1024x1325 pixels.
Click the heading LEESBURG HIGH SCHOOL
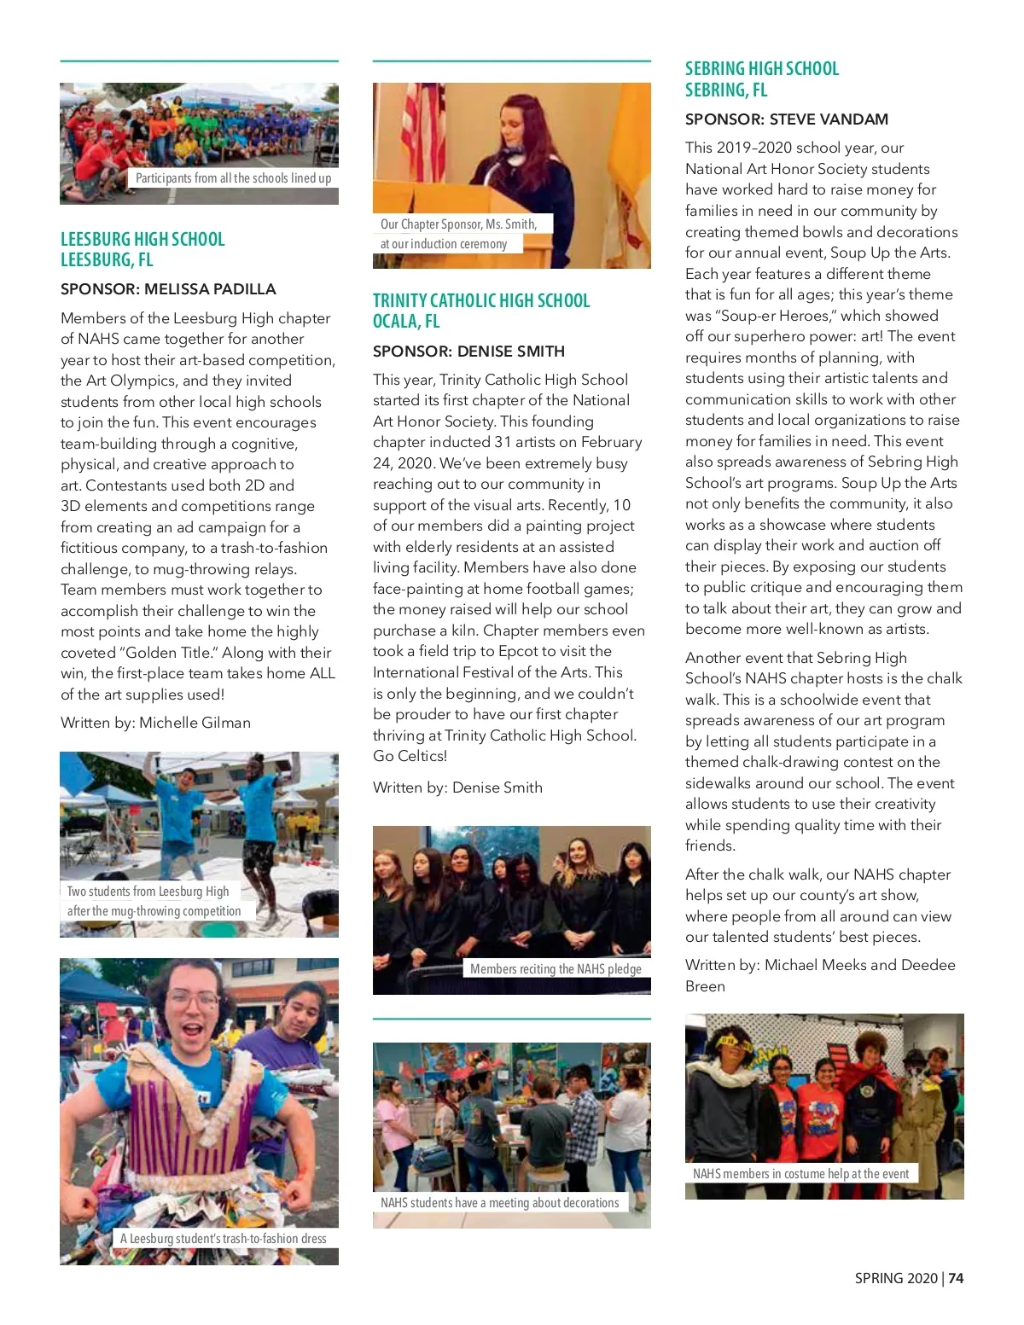tap(143, 239)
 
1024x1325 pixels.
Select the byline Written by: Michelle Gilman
tap(155, 723)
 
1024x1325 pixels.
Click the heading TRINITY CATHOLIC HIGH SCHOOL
tap(481, 300)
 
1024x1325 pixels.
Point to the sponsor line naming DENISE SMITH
tap(468, 351)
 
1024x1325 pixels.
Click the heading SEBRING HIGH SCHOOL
tap(762, 69)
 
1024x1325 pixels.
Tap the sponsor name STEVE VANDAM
tap(829, 119)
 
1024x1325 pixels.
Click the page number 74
tap(956, 1278)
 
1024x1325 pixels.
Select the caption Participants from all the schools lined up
tap(233, 178)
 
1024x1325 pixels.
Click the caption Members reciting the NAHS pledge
tap(556, 969)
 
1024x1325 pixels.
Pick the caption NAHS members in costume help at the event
tap(800, 1174)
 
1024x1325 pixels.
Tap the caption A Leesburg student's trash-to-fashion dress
tap(223, 1239)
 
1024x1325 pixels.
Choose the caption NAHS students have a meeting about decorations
tap(499, 1203)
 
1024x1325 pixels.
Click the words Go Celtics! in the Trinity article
tap(410, 756)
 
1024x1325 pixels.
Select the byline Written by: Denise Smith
tap(457, 787)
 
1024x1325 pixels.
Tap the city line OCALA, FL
tap(406, 322)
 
